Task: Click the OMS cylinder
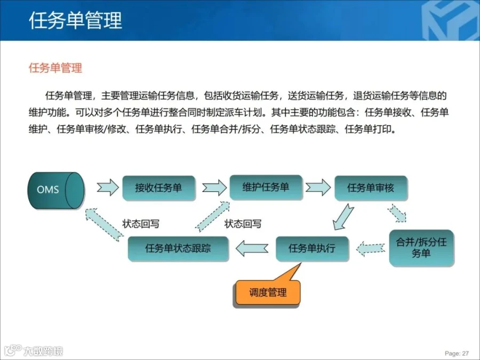click(x=55, y=189)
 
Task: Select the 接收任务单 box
click(x=158, y=188)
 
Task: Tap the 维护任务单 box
click(x=266, y=187)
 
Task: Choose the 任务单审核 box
click(x=371, y=188)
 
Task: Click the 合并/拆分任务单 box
click(x=421, y=248)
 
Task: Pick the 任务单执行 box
click(x=312, y=248)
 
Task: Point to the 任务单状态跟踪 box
click(x=178, y=248)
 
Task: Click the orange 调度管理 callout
click(x=268, y=292)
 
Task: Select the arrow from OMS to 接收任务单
click(x=107, y=188)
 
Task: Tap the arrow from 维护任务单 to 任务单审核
click(x=318, y=187)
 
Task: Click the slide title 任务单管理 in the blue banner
click(x=75, y=20)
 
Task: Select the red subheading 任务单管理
click(x=55, y=68)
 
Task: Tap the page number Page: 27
click(x=457, y=353)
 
